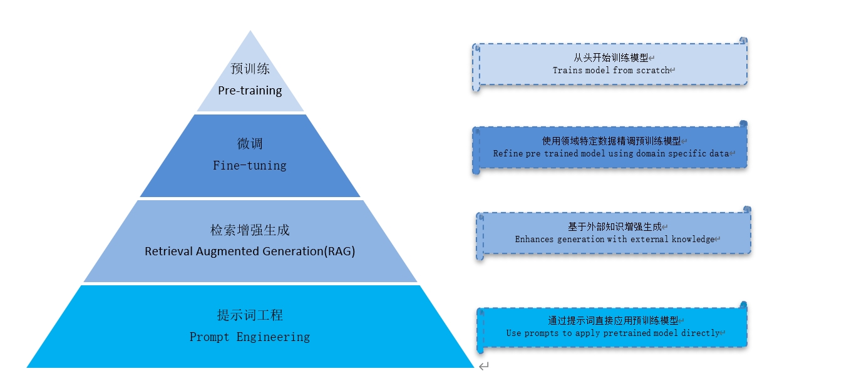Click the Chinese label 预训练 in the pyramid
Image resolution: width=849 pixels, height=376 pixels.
[x=250, y=68]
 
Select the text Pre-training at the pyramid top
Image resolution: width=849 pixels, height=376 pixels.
[x=250, y=91]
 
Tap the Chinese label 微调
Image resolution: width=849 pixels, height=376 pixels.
[x=250, y=144]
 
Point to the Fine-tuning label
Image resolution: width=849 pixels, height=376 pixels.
[x=250, y=166]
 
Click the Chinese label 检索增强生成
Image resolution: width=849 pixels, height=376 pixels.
[x=250, y=230]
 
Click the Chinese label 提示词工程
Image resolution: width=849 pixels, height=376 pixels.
[x=250, y=315]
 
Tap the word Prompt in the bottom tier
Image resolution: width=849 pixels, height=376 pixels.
[x=210, y=337]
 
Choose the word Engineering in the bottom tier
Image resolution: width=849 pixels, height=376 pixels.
[x=273, y=337]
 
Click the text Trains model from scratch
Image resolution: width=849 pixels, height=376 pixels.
[x=610, y=70]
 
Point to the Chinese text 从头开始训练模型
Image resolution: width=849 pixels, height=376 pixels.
[x=610, y=58]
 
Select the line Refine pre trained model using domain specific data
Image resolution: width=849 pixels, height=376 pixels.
[x=610, y=153]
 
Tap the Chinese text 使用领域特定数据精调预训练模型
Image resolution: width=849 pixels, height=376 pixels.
[x=610, y=141]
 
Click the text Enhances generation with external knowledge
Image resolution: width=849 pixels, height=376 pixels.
[x=614, y=239]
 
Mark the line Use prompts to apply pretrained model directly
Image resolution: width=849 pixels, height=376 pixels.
[x=612, y=333]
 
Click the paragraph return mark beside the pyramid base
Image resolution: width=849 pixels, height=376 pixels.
[x=484, y=366]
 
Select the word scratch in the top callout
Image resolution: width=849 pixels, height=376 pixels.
[x=653, y=70]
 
